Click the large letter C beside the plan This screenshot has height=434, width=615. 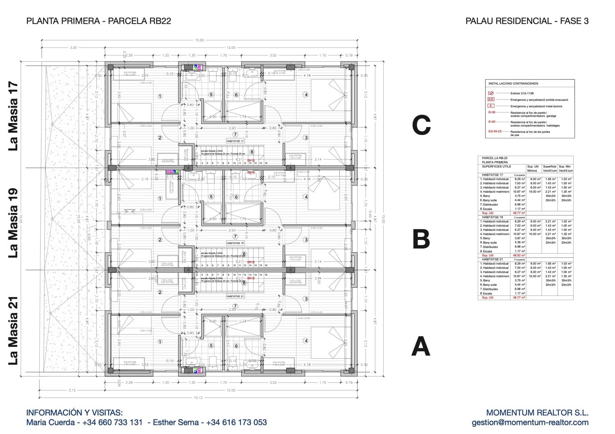[421, 125]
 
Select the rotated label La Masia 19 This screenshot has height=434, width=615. [13, 223]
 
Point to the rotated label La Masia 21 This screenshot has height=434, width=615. [13, 332]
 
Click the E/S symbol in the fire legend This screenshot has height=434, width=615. [491, 99]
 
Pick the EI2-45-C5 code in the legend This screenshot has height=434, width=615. [495, 131]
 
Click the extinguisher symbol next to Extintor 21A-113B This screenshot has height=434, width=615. [491, 93]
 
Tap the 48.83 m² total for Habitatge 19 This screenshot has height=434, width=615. [519, 255]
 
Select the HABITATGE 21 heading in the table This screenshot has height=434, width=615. [492, 259]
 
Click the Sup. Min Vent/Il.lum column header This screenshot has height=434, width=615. [565, 168]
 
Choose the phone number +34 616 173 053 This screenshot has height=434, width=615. [236, 422]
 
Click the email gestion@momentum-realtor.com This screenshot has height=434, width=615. [530, 422]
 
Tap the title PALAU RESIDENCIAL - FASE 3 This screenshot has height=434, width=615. [527, 21]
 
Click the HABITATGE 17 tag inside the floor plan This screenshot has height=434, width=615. [235, 141]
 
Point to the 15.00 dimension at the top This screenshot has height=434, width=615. [199, 40]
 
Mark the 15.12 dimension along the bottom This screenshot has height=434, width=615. [198, 398]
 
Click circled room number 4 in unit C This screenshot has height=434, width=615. [306, 94]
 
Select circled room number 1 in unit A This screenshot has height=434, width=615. [160, 342]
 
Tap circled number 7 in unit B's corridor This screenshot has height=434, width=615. [235, 236]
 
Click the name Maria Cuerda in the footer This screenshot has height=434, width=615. [50, 422]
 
